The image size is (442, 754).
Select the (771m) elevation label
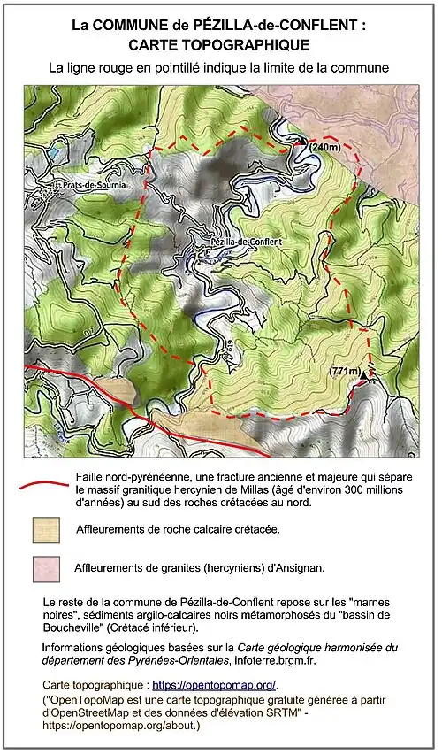[x=347, y=371]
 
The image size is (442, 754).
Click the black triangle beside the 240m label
[x=302, y=141]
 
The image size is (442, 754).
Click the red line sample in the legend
[x=42, y=486]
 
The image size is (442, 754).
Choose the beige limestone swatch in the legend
[x=45, y=529]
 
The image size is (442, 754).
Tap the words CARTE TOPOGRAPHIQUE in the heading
[x=219, y=44]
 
